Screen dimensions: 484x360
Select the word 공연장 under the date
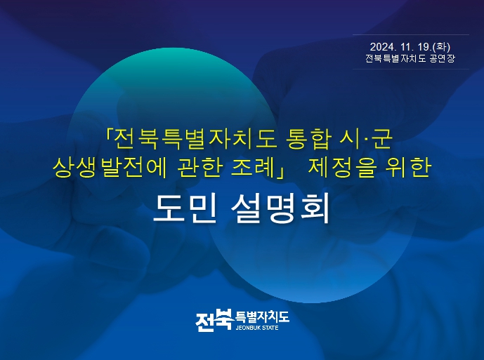pyautogui.click(x=442, y=58)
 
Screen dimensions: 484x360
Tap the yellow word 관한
pyautogui.click(x=200, y=167)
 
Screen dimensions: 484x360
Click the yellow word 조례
pyautogui.click(x=253, y=167)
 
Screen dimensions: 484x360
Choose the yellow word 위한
pyautogui.click(x=409, y=167)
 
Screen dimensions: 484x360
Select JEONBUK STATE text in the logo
pyautogui.click(x=257, y=328)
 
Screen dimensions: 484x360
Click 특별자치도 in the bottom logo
pyautogui.click(x=263, y=316)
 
